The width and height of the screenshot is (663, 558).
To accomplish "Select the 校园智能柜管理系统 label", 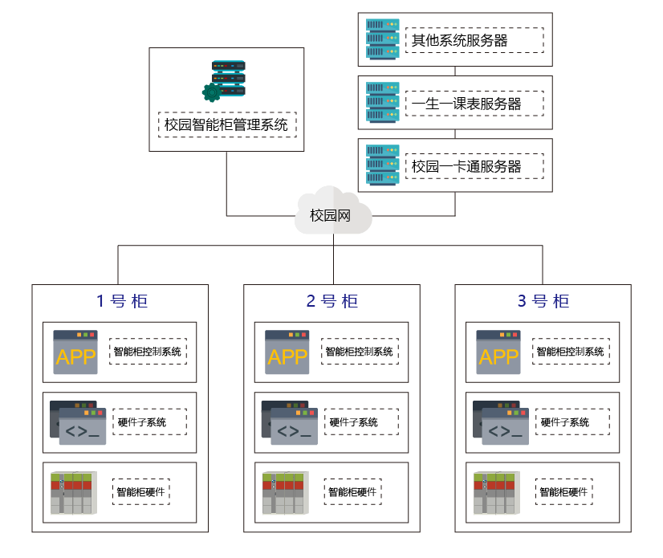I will point(226,124).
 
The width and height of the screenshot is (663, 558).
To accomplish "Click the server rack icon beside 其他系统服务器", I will point(382,39).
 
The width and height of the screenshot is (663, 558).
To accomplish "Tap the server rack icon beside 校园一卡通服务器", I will point(382,165).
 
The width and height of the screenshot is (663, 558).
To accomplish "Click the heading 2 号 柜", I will point(332,302).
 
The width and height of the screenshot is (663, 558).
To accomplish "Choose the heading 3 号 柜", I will point(543,302).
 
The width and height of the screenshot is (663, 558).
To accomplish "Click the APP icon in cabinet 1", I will point(75,352).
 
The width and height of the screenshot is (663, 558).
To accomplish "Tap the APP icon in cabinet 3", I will point(498,352).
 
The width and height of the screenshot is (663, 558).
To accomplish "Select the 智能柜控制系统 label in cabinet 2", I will point(360,352).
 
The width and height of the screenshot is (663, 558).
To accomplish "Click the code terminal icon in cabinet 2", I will point(289,422).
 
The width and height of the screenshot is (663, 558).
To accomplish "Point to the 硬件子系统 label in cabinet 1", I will point(148,422).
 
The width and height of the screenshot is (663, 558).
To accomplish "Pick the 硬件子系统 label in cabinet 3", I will point(571,422).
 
